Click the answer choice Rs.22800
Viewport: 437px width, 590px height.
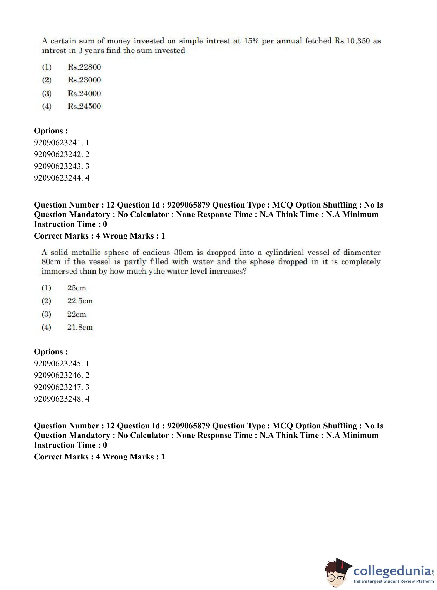(x=84, y=67)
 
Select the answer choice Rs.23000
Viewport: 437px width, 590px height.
(x=84, y=80)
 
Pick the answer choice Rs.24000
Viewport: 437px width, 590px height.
(x=84, y=93)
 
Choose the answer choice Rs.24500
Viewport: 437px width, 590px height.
(x=84, y=106)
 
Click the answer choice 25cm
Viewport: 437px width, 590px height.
(x=76, y=288)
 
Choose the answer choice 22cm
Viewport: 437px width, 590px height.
(x=76, y=314)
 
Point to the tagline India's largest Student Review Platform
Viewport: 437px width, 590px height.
(x=394, y=581)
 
